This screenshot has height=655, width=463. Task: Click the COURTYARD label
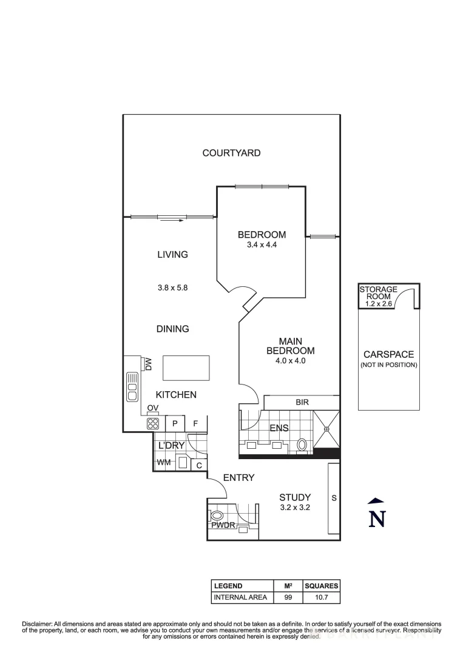pyautogui.click(x=231, y=153)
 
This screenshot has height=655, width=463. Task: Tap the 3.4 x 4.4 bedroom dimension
pyautogui.click(x=262, y=245)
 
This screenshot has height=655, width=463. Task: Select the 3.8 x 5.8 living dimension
pyautogui.click(x=172, y=288)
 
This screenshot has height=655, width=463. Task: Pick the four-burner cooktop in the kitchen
pyautogui.click(x=153, y=425)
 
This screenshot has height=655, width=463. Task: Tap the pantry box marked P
pyautogui.click(x=175, y=424)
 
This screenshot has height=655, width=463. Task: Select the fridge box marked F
pyautogui.click(x=196, y=424)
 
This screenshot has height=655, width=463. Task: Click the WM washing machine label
pyautogui.click(x=163, y=463)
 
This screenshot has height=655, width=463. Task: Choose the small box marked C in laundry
pyautogui.click(x=199, y=465)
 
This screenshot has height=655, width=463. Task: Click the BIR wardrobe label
pyautogui.click(x=302, y=402)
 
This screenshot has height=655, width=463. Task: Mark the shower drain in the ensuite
pyautogui.click(x=326, y=429)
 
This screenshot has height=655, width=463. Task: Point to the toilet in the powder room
pyautogui.click(x=217, y=516)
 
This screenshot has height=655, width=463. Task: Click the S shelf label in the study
pyautogui.click(x=333, y=498)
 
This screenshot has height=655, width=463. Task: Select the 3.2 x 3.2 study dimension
pyautogui.click(x=295, y=508)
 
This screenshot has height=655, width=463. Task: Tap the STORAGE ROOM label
pyautogui.click(x=378, y=294)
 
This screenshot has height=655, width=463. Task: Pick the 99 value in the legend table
pyautogui.click(x=288, y=597)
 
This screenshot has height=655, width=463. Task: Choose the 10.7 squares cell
pyautogui.click(x=321, y=597)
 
